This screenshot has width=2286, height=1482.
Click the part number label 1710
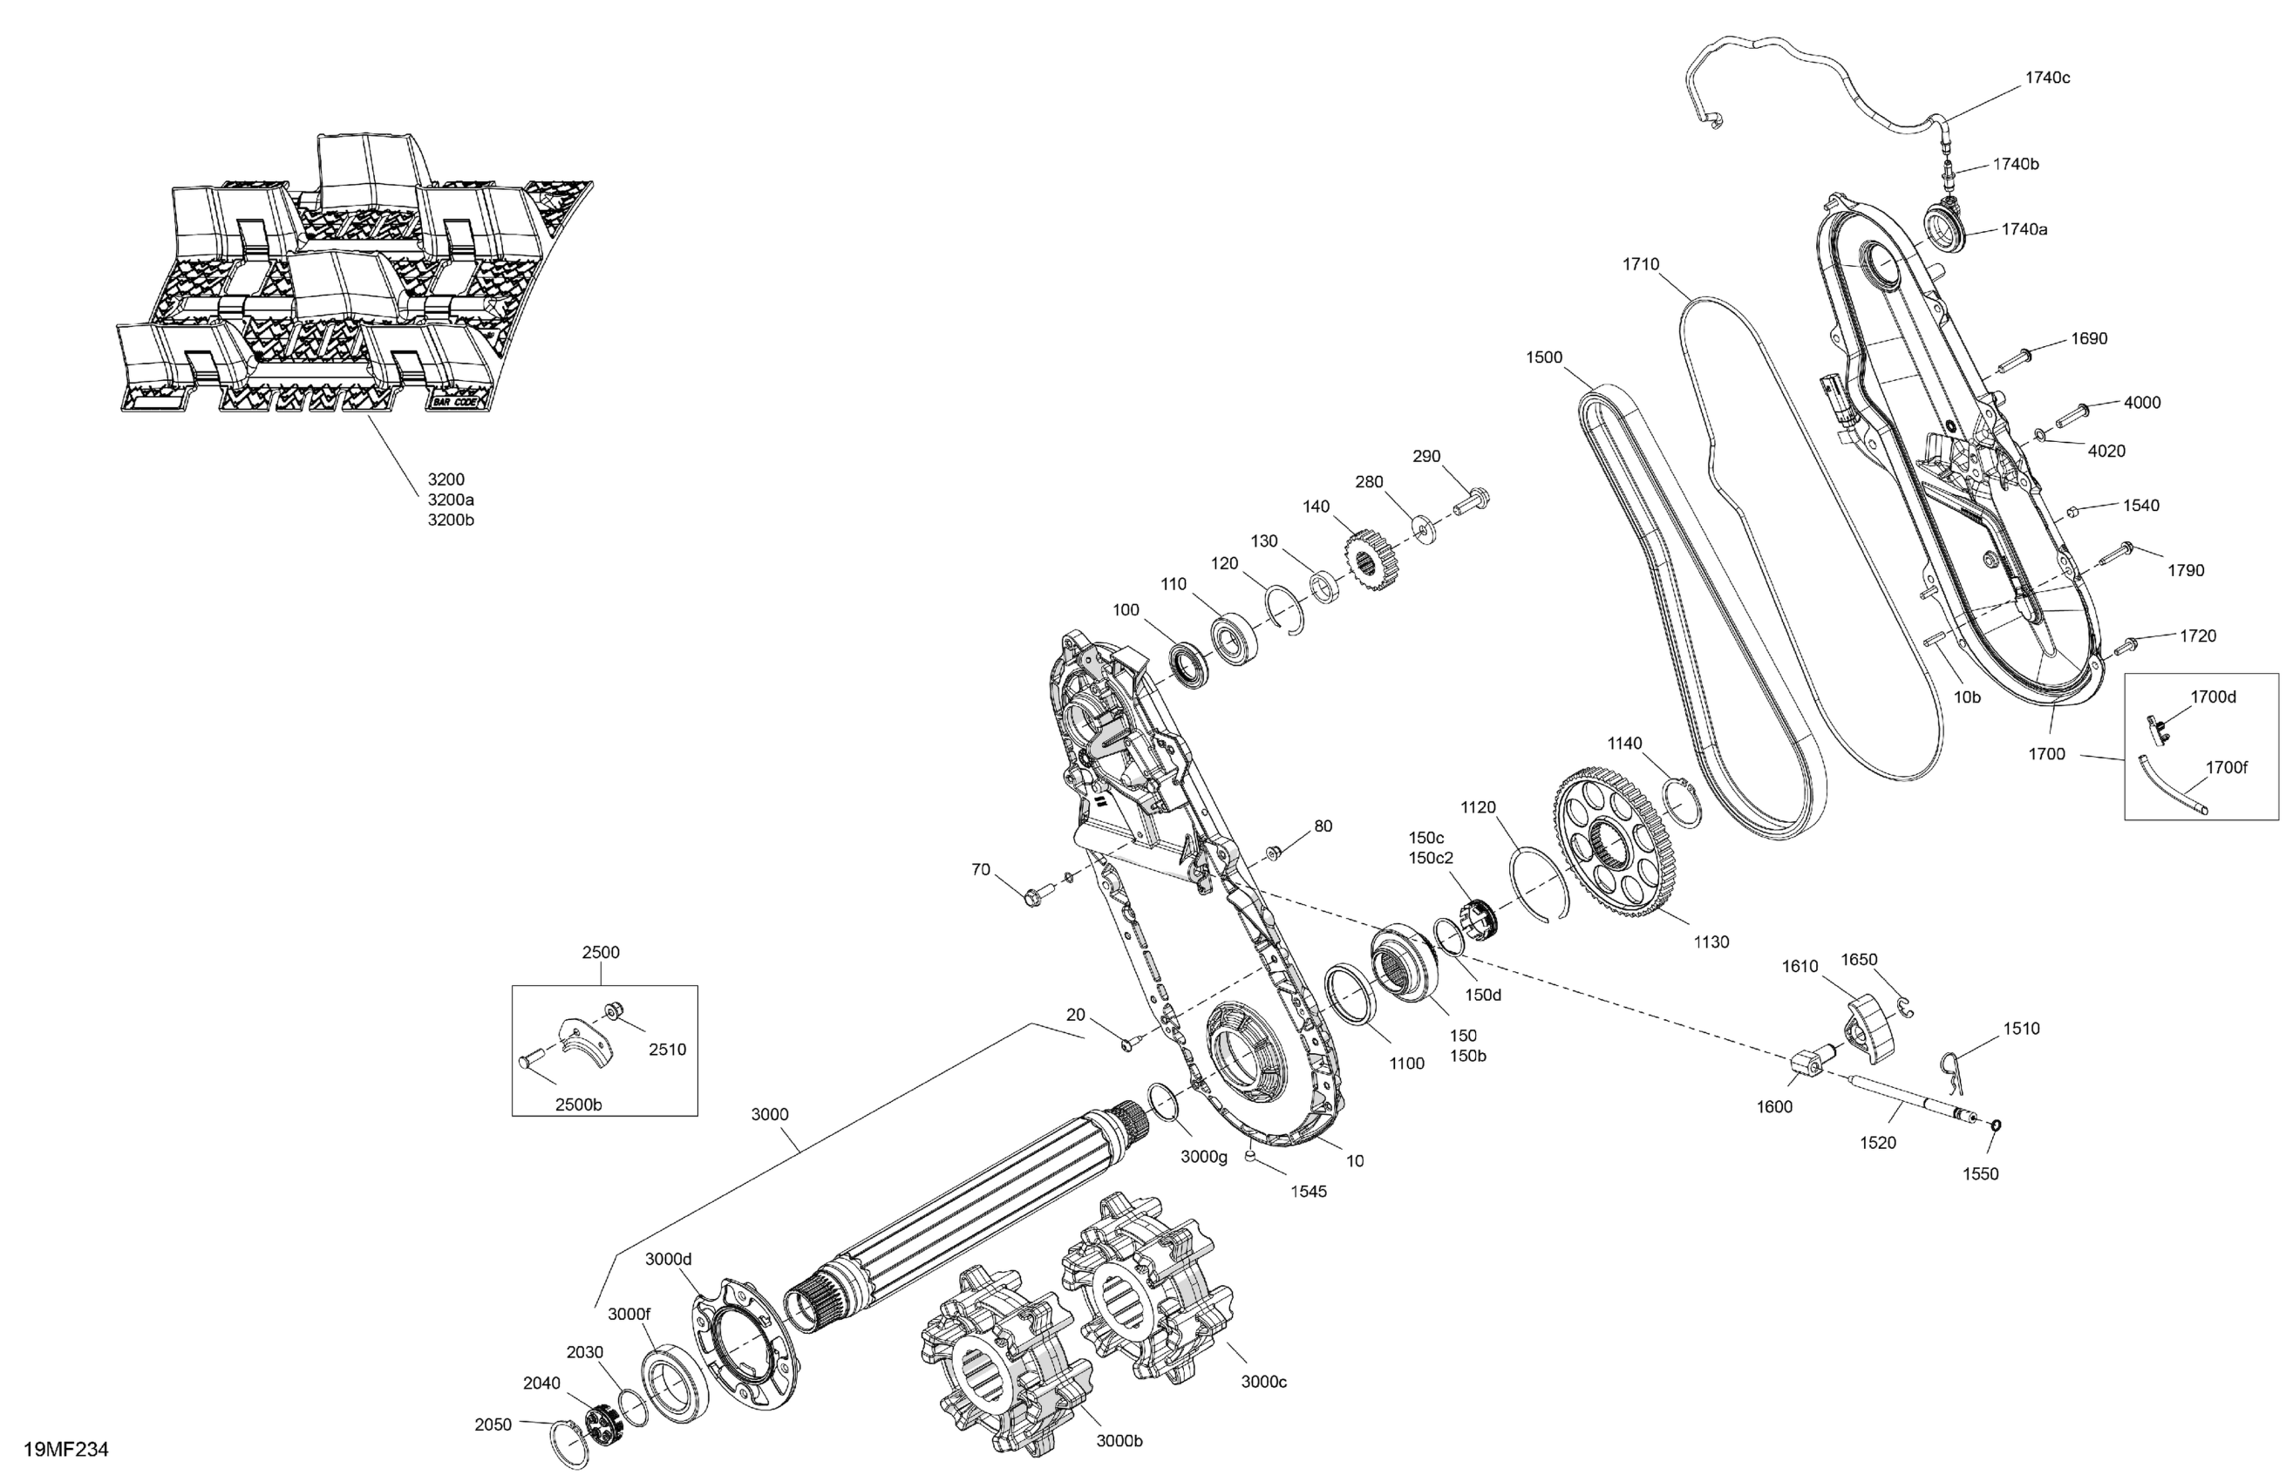pyautogui.click(x=1641, y=264)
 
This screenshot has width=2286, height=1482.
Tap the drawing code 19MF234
pyautogui.click(x=65, y=1450)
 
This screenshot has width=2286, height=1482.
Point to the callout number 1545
pyautogui.click(x=1308, y=1192)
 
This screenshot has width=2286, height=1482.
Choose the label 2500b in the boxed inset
pyautogui.click(x=578, y=1105)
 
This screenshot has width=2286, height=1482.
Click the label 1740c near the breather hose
pyautogui.click(x=2047, y=78)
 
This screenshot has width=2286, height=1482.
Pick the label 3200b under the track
pyautogui.click(x=451, y=520)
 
